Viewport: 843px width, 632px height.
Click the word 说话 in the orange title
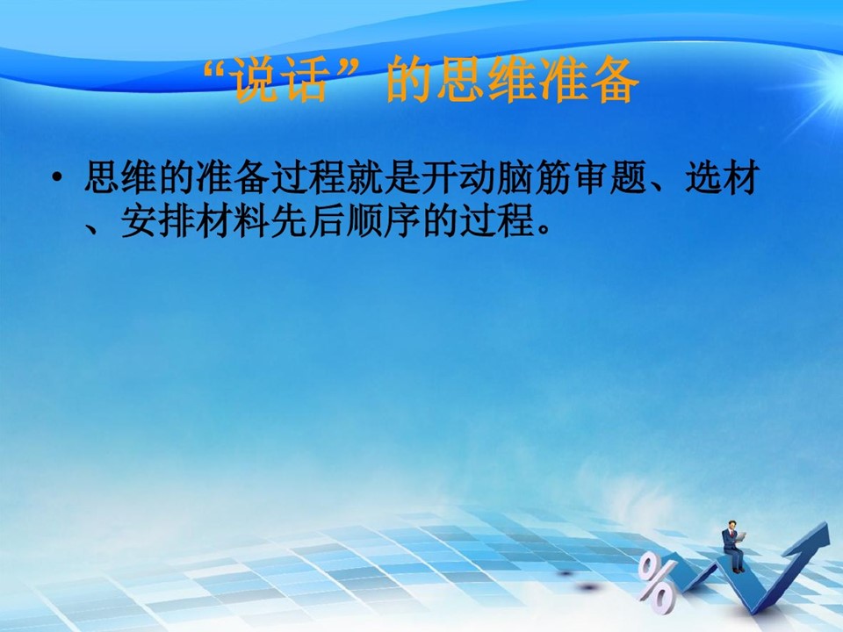coord(278,81)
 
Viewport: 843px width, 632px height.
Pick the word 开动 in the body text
coord(458,176)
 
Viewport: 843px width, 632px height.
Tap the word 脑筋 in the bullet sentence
coord(533,176)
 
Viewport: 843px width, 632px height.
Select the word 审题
coord(609,176)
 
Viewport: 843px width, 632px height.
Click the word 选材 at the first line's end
coord(722,176)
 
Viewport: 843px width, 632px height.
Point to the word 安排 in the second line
coord(157,221)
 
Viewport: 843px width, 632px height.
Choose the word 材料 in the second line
coord(232,221)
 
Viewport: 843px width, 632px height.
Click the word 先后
coord(307,221)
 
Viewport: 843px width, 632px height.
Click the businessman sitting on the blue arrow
coord(732,545)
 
